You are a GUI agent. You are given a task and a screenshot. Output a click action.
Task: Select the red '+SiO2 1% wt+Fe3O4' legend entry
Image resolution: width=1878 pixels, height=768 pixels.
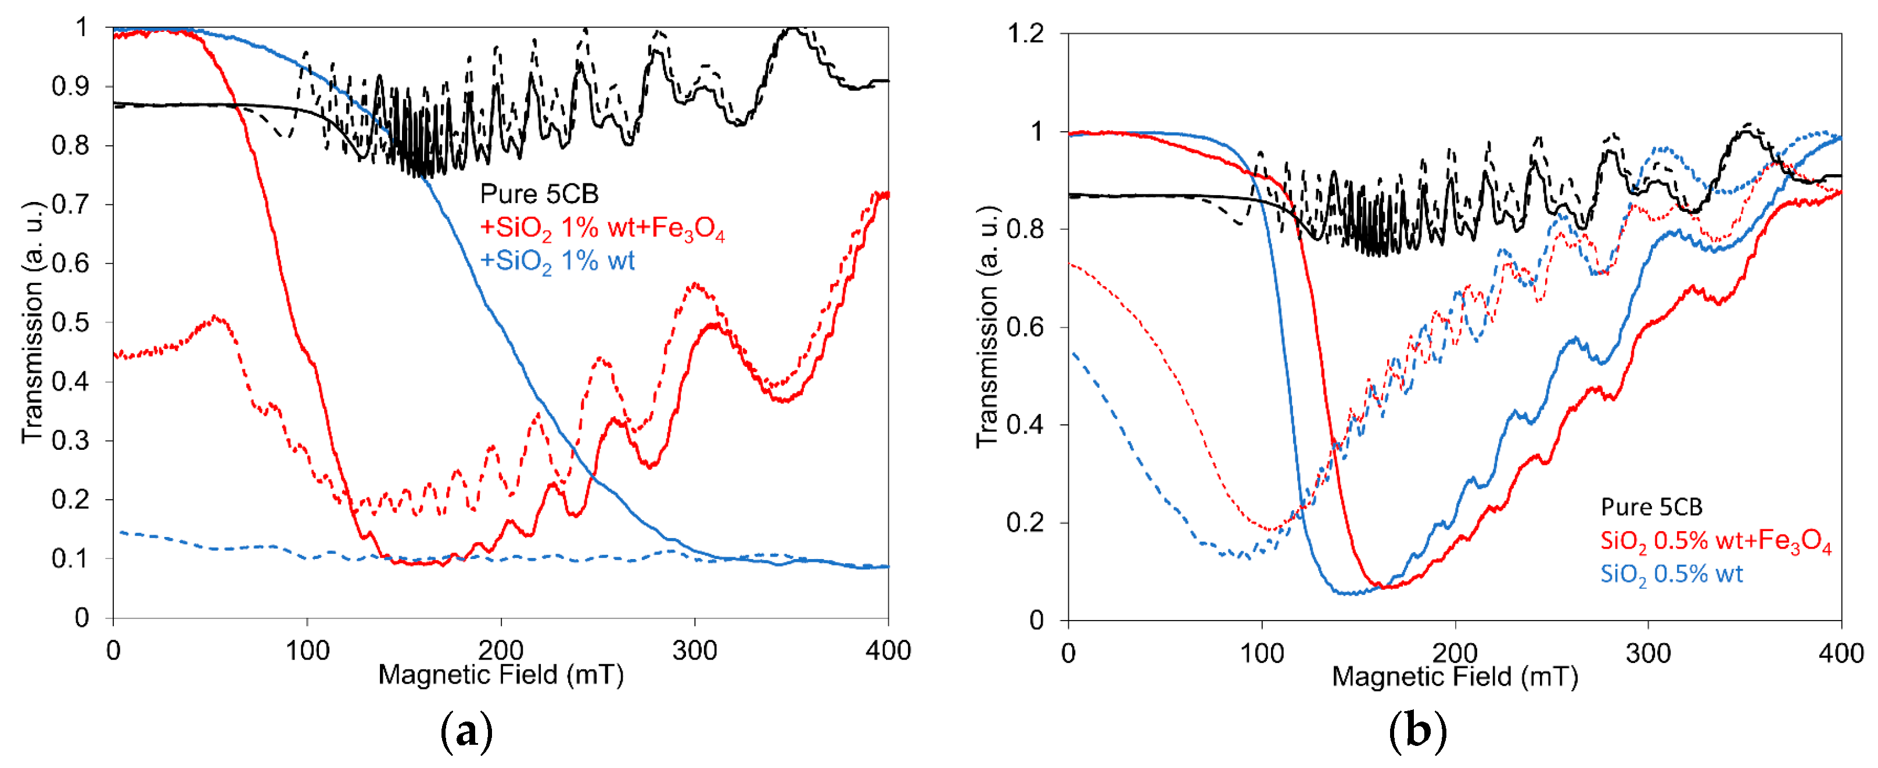(602, 228)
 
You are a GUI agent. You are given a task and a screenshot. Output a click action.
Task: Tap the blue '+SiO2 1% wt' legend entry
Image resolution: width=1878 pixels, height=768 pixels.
(557, 261)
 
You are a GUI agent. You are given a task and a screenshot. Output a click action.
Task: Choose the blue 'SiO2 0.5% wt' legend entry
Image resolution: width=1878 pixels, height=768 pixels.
(1671, 574)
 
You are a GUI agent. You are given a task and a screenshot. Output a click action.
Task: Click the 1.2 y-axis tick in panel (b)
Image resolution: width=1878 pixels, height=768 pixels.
(1025, 34)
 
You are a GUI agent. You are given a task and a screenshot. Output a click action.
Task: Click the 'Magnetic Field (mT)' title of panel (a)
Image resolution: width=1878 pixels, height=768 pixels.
(501, 675)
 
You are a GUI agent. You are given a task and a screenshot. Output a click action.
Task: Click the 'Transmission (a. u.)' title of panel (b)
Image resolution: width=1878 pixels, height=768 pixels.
(986, 326)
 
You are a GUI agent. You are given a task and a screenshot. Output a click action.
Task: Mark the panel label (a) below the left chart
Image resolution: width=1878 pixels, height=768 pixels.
(466, 731)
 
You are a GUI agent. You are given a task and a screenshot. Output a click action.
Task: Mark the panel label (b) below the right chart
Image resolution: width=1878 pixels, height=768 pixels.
(1417, 731)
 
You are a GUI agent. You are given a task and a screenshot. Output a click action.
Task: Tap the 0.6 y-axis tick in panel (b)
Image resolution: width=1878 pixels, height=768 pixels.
(1025, 327)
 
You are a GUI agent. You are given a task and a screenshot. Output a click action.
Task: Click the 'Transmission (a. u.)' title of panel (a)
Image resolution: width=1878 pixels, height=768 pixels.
(32, 322)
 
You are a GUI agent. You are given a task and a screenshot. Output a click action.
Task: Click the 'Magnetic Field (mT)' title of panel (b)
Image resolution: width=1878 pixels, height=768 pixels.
(1455, 677)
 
